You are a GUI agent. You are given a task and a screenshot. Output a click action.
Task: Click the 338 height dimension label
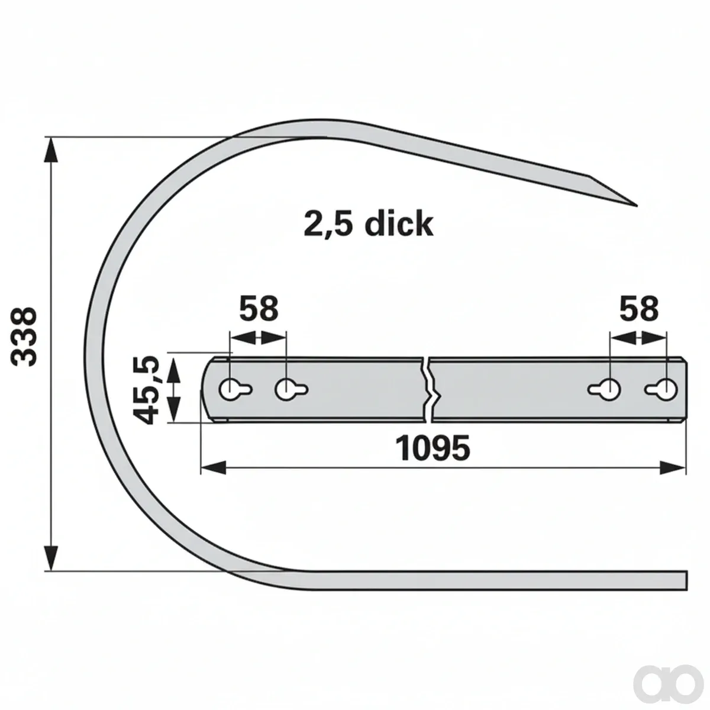[24, 338]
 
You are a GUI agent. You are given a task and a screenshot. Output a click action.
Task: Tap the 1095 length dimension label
[433, 448]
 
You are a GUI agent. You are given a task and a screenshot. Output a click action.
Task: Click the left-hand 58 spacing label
[259, 308]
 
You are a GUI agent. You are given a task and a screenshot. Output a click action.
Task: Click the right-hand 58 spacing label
[638, 308]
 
